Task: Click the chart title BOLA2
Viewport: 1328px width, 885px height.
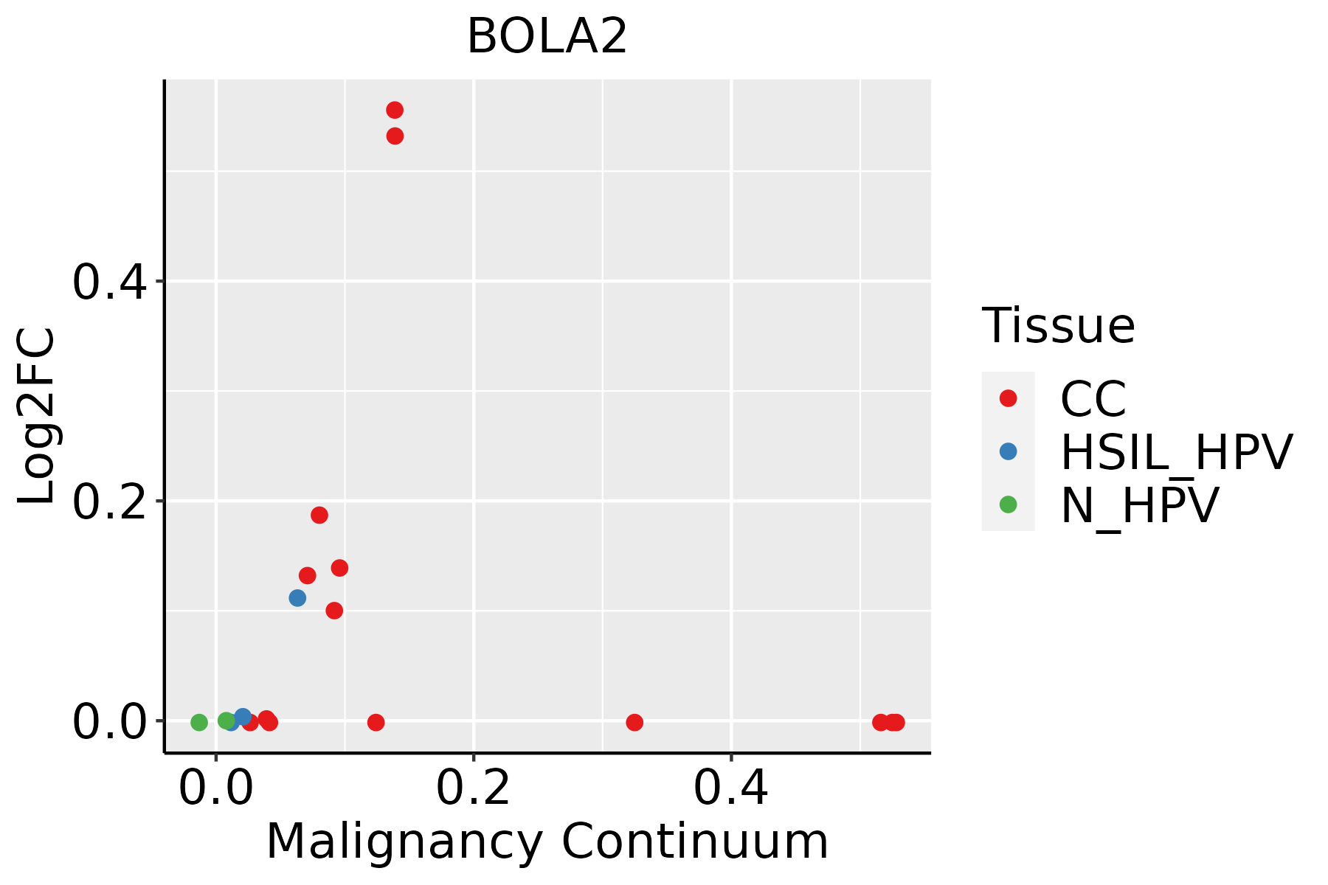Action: coord(547,37)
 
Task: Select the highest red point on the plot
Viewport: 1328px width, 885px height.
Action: coord(395,111)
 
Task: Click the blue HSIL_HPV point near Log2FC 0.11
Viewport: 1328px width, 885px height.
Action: coord(297,598)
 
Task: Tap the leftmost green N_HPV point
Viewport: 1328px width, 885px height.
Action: coord(199,722)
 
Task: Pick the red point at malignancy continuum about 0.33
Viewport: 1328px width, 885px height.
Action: coord(634,722)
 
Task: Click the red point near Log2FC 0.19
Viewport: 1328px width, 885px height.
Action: coord(319,515)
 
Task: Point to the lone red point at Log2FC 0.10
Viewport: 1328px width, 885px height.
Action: coord(334,611)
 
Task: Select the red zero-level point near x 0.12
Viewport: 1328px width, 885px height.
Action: coord(376,722)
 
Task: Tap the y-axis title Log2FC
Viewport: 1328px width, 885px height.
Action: coord(37,416)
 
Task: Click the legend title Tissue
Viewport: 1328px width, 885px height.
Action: coord(1058,326)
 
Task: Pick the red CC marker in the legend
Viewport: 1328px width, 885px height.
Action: coord(1008,398)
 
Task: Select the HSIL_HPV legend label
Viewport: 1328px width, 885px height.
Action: coord(1176,452)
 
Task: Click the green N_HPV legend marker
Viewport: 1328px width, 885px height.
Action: coord(1008,504)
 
